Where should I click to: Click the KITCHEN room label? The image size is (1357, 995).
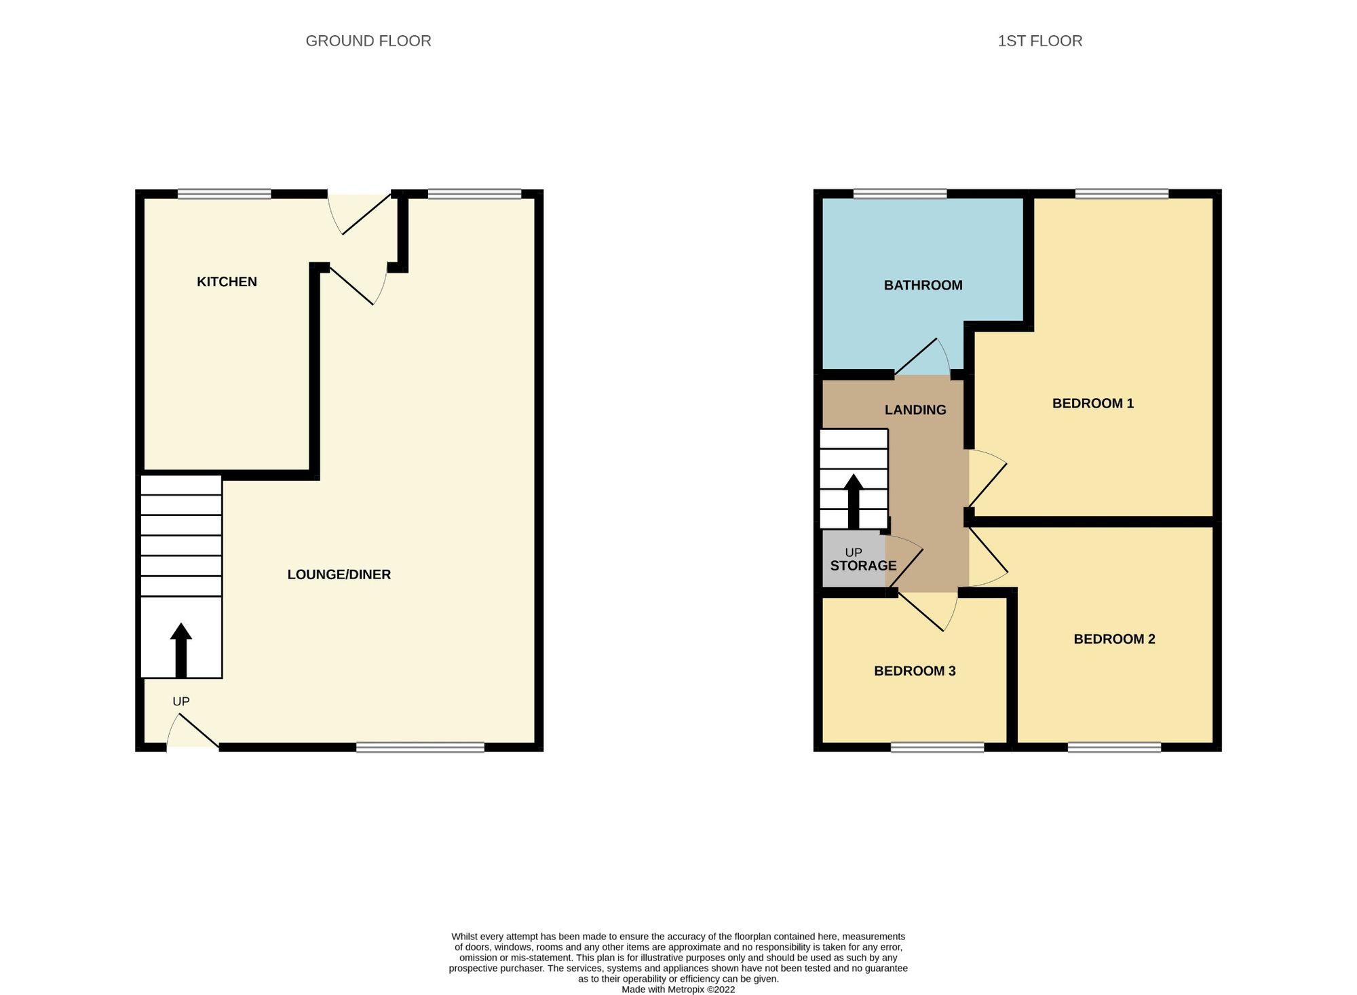point(227,281)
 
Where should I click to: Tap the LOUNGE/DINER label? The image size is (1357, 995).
point(339,574)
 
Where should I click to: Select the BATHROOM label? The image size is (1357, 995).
point(923,285)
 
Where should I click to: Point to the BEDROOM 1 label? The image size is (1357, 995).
point(1092,403)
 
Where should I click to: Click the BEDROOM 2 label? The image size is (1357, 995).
point(1114,638)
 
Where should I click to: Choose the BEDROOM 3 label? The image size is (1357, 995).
point(915,671)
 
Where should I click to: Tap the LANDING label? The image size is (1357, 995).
point(915,410)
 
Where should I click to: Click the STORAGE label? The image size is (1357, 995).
point(863,566)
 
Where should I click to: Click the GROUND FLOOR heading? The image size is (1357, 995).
point(368,41)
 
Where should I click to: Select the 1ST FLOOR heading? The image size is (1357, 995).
point(1039,41)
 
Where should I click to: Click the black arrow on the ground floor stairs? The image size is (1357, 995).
point(180,650)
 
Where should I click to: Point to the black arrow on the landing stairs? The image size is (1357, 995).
point(854,501)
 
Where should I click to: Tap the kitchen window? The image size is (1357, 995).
point(225,194)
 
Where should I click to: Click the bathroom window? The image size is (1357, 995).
point(900,194)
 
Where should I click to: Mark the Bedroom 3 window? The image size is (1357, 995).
point(937,747)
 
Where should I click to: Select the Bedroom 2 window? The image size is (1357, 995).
point(1114,747)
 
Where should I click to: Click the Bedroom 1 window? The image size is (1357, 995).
point(1122,194)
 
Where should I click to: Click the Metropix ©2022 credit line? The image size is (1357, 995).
point(678,990)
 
